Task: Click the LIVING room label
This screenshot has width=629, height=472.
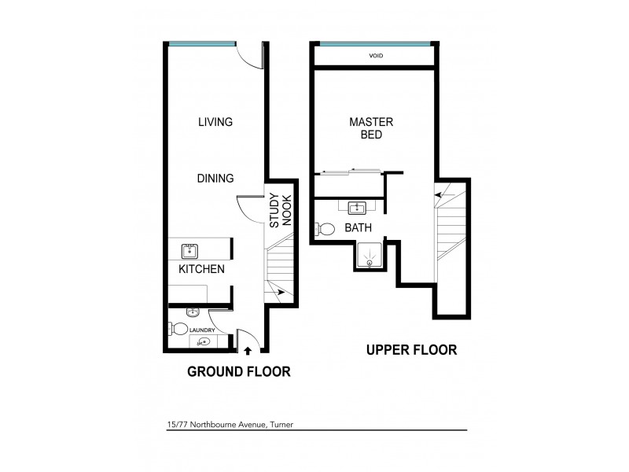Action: pos(215,122)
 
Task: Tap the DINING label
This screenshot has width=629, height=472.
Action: pos(215,179)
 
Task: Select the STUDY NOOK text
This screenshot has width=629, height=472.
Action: pos(280,211)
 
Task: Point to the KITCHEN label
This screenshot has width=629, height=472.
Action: pos(201,269)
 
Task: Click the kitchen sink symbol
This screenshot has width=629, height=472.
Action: pos(189,251)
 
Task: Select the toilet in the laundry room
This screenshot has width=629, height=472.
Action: pos(179,330)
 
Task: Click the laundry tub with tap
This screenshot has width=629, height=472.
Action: pos(203,342)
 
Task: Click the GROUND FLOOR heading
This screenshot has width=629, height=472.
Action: pos(238,371)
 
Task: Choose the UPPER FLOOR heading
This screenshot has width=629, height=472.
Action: pos(411,350)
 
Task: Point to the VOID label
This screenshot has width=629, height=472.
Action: pos(375,56)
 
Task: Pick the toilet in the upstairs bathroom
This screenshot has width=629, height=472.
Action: pos(324,229)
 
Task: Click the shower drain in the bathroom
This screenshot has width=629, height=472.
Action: pos(368,256)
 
